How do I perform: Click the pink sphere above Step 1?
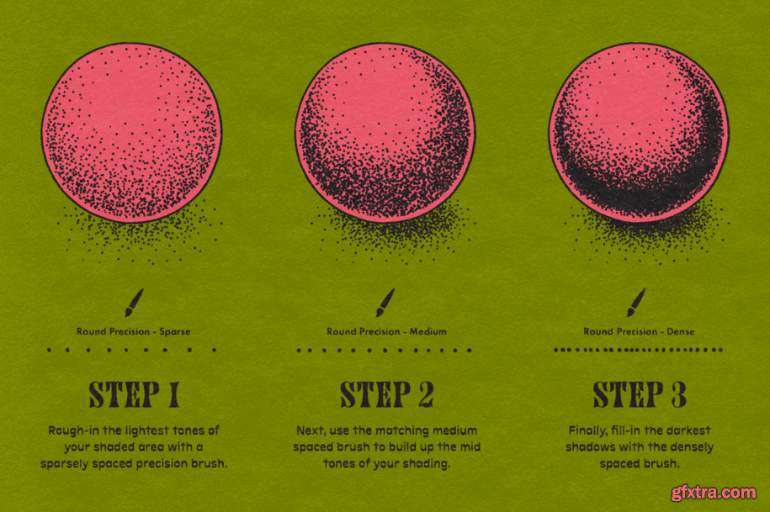(131, 133)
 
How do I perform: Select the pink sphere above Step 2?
(385, 133)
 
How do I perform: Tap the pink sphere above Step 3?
(639, 133)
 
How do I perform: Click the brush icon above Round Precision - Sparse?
(134, 303)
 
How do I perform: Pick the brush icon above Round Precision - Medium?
(385, 303)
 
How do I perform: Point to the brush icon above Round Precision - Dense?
(637, 303)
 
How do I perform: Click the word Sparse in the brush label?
(175, 332)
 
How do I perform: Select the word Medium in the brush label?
(428, 331)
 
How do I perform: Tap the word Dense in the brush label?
(681, 331)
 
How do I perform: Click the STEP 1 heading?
(134, 394)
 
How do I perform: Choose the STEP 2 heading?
(387, 394)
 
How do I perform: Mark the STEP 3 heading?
(640, 394)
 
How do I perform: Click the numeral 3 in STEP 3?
(678, 394)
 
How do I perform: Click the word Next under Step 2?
(311, 431)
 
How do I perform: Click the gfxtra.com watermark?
(714, 493)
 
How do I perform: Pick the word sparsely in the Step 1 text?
(62, 464)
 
